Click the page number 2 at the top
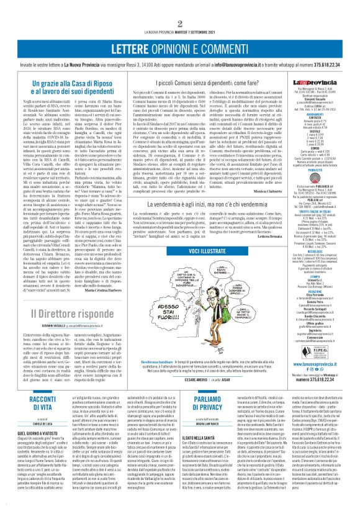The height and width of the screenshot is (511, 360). [179, 24]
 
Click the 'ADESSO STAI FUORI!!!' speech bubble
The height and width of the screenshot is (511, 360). [163, 290]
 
